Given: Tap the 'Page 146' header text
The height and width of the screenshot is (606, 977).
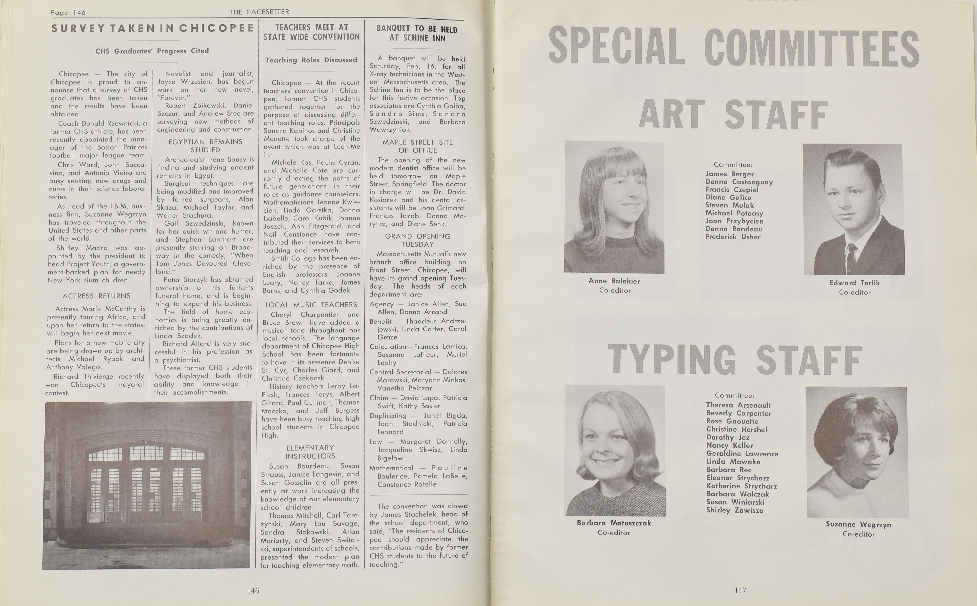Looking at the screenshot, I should (68, 12).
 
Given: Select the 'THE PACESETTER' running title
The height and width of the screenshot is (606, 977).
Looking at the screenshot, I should (259, 12).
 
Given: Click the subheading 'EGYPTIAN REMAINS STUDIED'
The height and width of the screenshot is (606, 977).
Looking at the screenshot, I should (205, 146).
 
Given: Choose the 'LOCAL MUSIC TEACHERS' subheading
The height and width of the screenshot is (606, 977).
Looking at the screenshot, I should (311, 305).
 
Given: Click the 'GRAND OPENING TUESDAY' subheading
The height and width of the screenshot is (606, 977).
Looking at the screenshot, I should (418, 240).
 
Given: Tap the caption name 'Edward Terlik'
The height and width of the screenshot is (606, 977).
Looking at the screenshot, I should (854, 283).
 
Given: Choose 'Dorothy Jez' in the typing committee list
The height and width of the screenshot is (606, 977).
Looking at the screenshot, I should (725, 437).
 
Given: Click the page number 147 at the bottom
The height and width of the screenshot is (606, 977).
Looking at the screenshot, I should (740, 590).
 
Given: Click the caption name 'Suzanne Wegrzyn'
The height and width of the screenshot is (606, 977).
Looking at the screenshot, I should (858, 524).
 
